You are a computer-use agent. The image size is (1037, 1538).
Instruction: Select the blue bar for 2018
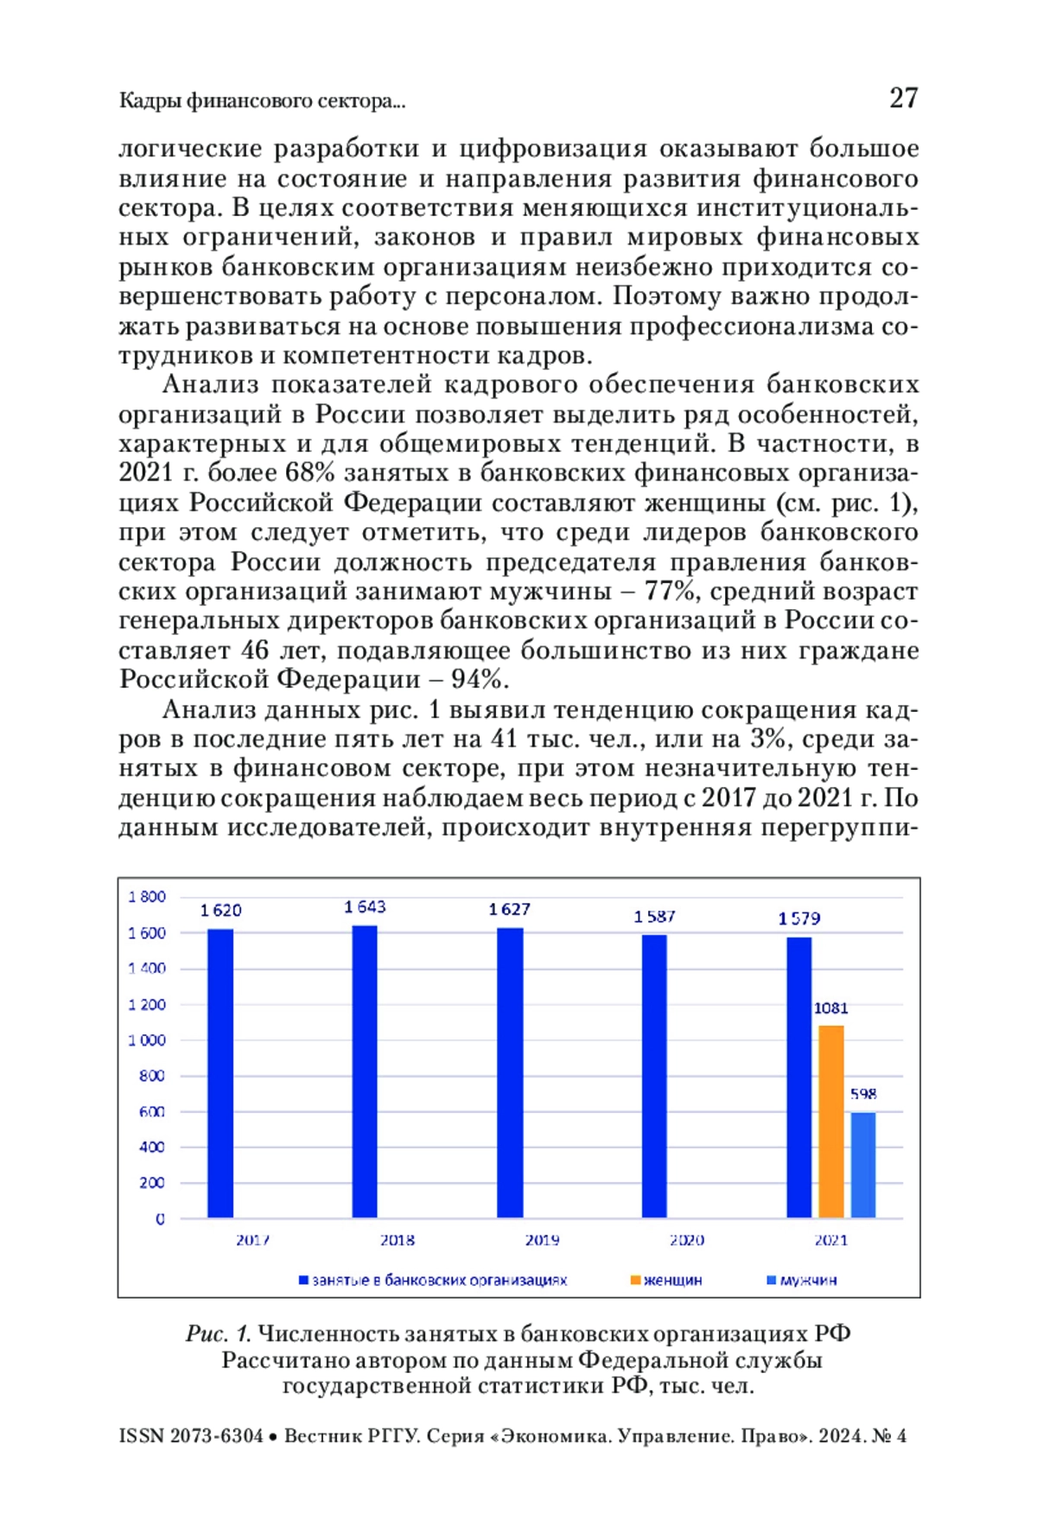click(365, 1071)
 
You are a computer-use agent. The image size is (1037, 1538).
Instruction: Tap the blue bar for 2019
click(510, 1072)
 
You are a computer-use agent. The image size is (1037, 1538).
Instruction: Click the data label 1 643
click(365, 906)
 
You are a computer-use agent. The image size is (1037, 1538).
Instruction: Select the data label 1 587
click(654, 916)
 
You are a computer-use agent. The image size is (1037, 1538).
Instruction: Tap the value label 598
click(863, 1094)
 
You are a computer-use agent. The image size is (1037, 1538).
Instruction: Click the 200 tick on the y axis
click(152, 1183)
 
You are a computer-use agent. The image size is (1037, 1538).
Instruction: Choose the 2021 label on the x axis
click(831, 1240)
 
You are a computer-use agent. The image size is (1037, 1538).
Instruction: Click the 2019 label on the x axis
click(542, 1240)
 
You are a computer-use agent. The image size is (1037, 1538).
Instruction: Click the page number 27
click(903, 98)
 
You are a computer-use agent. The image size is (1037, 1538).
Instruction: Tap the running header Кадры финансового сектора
click(261, 101)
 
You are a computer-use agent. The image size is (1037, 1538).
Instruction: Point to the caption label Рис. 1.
click(218, 1333)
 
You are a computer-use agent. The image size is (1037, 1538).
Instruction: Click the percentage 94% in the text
click(476, 679)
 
